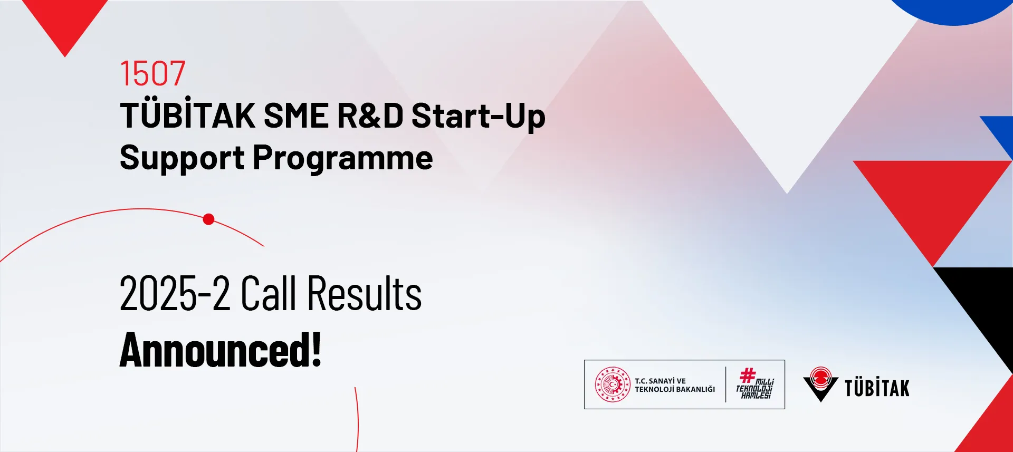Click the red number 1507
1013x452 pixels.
point(153,73)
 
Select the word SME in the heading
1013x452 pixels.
point(296,116)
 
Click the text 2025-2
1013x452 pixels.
point(175,294)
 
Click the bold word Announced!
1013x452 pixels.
point(221,350)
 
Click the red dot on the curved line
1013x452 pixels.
point(208,219)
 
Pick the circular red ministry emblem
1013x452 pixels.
point(613,384)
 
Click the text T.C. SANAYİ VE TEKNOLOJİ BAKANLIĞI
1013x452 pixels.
point(675,385)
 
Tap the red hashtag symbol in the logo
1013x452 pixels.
point(748,375)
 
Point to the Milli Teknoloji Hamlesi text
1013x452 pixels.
point(755,388)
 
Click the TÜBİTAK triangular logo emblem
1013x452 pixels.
point(820,384)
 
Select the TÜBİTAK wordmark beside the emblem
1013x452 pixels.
point(877,388)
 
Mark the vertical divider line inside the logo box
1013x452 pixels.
point(725,384)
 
